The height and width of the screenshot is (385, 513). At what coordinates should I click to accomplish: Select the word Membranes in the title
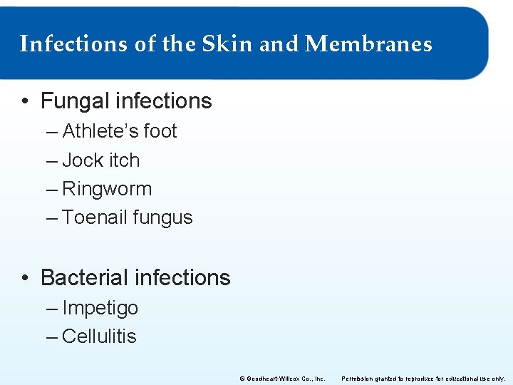[368, 44]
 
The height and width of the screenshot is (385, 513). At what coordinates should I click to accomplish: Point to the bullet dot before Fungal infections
[25, 102]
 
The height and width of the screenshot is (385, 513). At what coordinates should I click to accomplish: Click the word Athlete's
[100, 131]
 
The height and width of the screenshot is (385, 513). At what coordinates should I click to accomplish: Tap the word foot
[160, 131]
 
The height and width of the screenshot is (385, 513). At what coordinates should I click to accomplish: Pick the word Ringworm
[107, 190]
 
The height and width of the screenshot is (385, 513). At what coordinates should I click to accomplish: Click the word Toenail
[92, 217]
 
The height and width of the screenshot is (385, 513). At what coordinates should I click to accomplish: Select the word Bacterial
[84, 277]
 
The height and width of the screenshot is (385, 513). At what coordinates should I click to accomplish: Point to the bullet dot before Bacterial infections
[25, 278]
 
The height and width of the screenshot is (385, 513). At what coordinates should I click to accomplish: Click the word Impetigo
[100, 309]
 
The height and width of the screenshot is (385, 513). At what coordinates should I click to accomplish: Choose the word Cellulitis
[99, 337]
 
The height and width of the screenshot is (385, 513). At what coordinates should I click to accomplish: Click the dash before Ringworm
[52, 190]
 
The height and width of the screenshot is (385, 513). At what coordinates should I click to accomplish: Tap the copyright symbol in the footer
[242, 379]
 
